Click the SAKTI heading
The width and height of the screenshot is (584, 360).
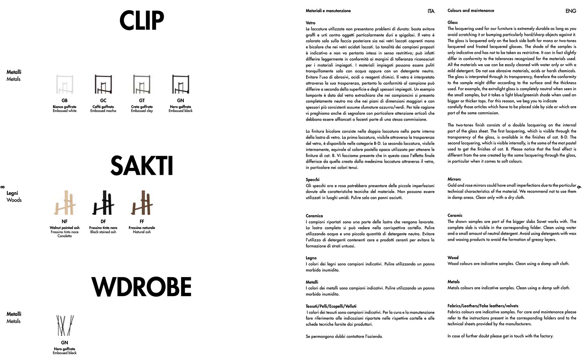coord(142,166)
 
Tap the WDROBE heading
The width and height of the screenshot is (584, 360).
coord(142,287)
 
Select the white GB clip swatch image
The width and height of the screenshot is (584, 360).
coord(64,84)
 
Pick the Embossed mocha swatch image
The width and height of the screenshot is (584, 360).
coord(103,84)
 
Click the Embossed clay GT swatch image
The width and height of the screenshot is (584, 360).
coord(142,84)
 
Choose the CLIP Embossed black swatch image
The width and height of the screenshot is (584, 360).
coord(180,84)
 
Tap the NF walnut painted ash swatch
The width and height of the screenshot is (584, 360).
coord(64,203)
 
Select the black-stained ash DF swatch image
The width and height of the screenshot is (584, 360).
coord(103,203)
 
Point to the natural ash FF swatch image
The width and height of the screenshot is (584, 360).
coord(142,203)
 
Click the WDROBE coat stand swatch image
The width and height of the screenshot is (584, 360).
coord(64,325)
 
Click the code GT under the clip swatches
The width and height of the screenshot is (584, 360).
coord(142,100)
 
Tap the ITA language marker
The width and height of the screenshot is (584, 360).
coord(431,11)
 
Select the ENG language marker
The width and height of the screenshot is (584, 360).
coord(570,11)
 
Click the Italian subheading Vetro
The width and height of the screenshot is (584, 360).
coord(310,23)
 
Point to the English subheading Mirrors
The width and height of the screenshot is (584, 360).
coord(454,179)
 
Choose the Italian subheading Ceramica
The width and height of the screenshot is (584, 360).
coord(314,216)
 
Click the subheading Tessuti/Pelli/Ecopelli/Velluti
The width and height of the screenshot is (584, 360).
coord(331,306)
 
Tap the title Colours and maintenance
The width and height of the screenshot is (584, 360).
coord(471,11)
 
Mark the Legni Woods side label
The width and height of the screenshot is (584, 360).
coord(14,197)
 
